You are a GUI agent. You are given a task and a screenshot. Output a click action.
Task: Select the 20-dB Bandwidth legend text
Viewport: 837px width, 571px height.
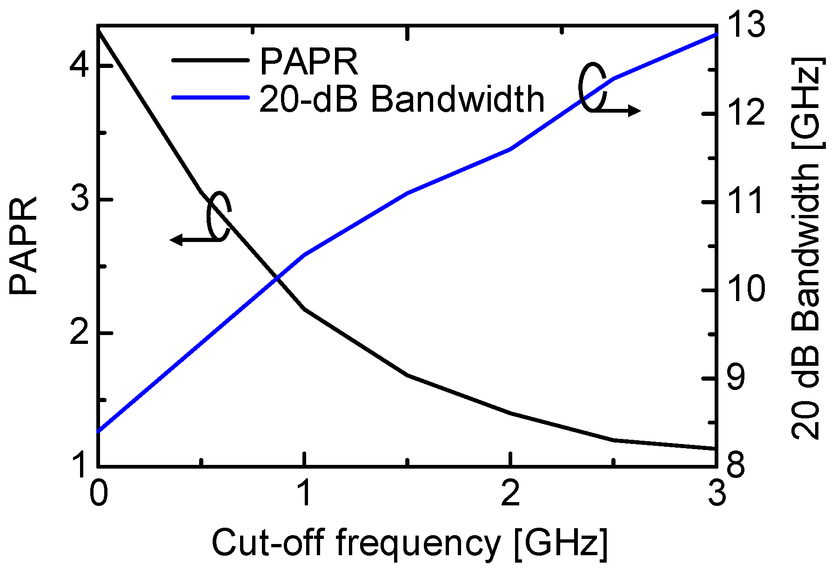(401, 99)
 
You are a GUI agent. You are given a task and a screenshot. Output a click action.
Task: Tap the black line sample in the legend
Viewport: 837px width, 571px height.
(210, 60)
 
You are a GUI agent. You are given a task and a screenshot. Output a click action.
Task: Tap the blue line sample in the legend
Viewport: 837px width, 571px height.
(210, 97)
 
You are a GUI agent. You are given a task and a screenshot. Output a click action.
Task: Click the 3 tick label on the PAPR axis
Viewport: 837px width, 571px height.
(79, 200)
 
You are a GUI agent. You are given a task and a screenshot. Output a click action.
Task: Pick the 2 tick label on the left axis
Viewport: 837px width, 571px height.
(79, 333)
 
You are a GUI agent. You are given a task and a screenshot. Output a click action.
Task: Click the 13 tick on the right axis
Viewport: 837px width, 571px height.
(745, 25)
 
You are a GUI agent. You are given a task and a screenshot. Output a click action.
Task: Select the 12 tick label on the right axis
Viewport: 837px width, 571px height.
(745, 114)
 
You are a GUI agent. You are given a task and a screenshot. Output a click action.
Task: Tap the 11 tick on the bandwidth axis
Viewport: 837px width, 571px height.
(745, 202)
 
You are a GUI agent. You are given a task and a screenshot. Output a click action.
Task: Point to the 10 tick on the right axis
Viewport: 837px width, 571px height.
(745, 290)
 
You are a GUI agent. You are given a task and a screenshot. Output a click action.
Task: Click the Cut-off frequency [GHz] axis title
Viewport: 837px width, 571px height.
(409, 543)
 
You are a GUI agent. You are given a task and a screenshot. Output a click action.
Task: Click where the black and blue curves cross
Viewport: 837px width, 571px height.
(277, 278)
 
